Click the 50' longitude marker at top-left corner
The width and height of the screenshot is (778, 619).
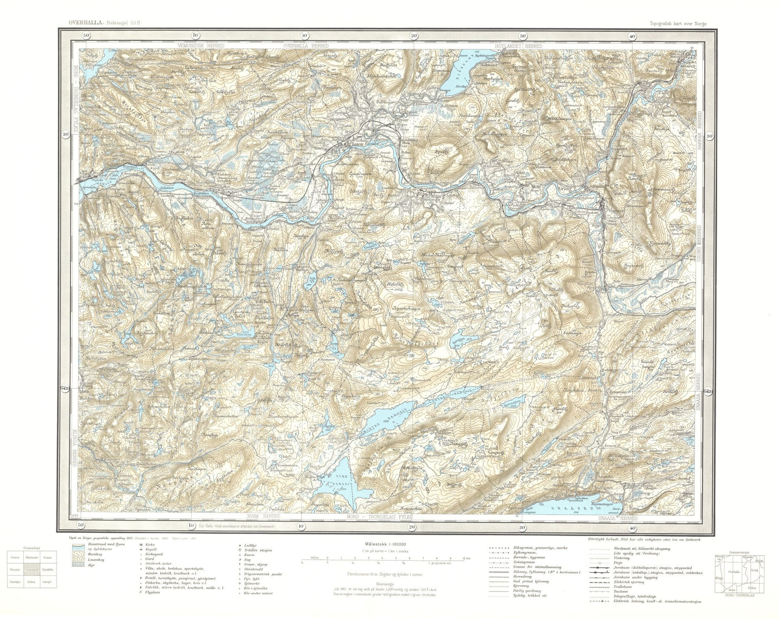point(85,36)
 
